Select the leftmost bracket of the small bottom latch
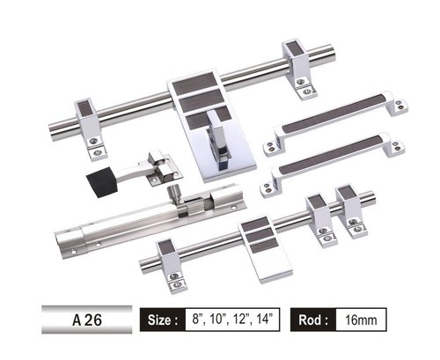click(172, 261)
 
